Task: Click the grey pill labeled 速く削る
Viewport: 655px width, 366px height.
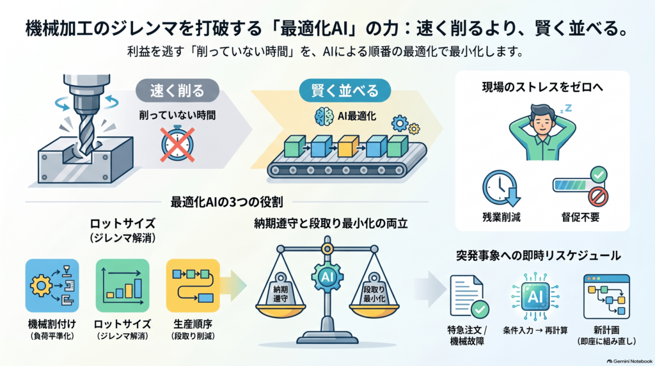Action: [x=178, y=90]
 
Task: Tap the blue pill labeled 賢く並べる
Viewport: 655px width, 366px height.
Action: [x=345, y=90]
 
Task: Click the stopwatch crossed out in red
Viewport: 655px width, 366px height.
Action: [x=178, y=144]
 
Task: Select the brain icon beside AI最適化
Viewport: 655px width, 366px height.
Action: [x=324, y=116]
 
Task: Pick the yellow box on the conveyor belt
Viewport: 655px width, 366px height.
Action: [x=348, y=147]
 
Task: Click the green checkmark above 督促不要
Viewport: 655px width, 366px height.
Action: [x=599, y=174]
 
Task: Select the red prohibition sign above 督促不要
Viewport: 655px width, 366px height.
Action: [x=598, y=196]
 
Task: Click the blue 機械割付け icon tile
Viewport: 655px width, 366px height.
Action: [x=52, y=286]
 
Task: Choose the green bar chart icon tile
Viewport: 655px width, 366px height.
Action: [x=122, y=286]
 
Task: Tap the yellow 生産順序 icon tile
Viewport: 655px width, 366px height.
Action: [x=193, y=286]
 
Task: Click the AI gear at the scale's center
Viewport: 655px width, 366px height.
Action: [x=327, y=276]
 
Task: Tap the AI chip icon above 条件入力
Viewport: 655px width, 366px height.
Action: [x=535, y=296]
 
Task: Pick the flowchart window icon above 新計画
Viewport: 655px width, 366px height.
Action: [x=606, y=297]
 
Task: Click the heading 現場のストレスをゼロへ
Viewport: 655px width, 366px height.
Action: [x=542, y=87]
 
